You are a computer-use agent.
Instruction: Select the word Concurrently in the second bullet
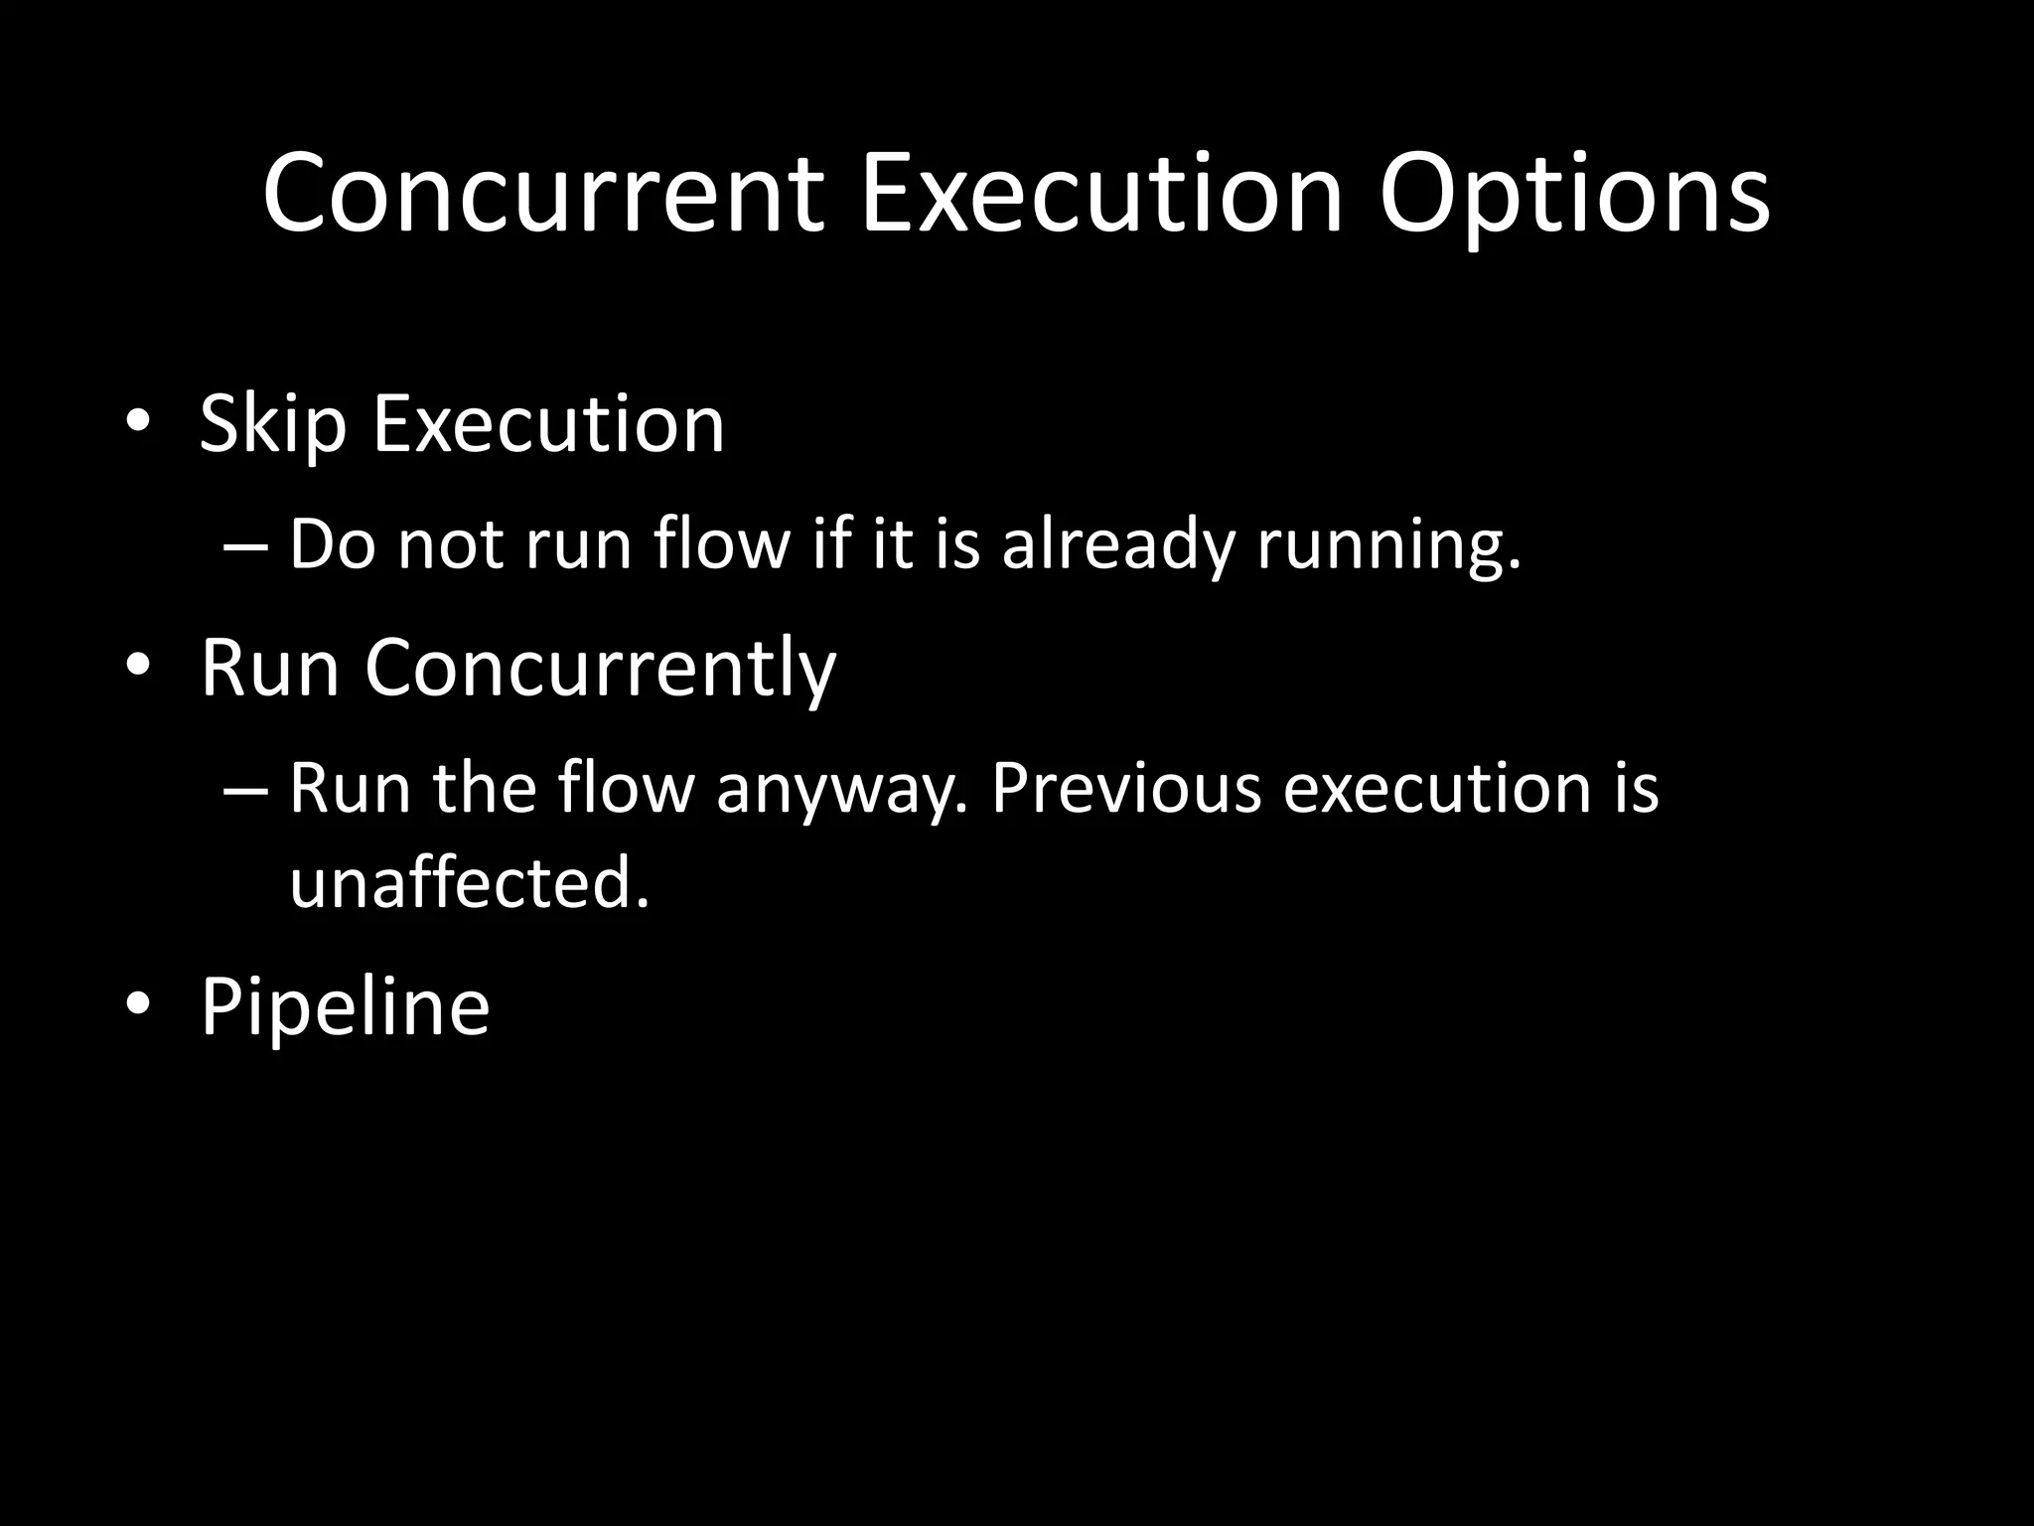(600, 668)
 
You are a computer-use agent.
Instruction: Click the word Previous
(1126, 789)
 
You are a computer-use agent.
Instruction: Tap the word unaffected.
(469, 882)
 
